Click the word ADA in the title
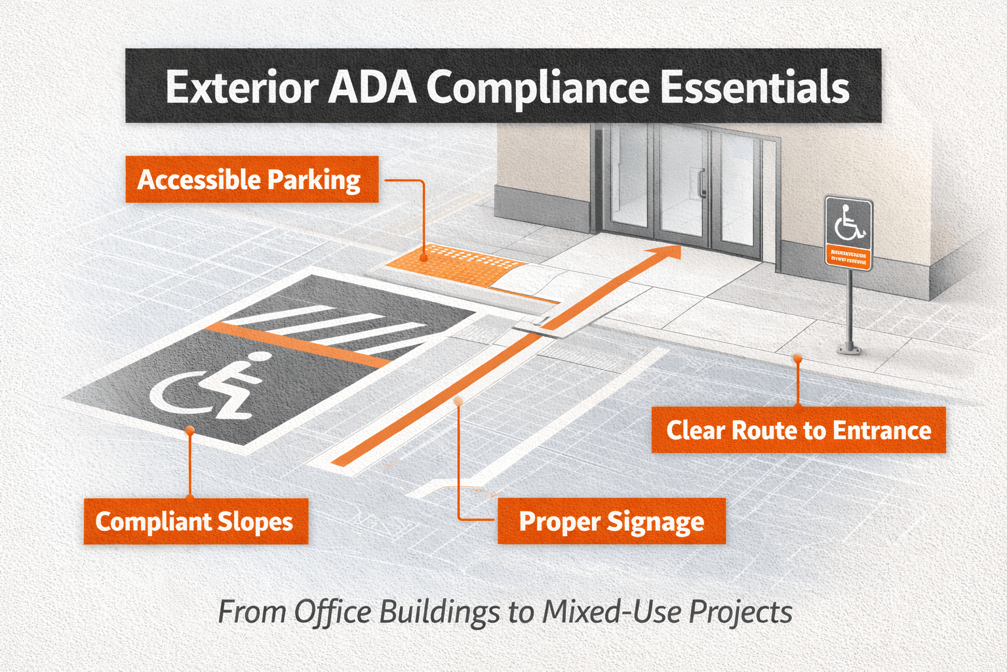tap(372, 87)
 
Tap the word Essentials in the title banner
tap(754, 87)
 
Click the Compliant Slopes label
tap(195, 522)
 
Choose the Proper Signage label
tap(611, 522)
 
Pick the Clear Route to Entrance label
tap(799, 430)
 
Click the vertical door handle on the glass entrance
tap(701, 183)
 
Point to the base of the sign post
tap(849, 349)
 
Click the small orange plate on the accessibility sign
tap(848, 257)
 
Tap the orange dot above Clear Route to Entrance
tap(797, 358)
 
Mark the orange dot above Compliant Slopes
tap(189, 430)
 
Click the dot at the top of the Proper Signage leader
tap(458, 400)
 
